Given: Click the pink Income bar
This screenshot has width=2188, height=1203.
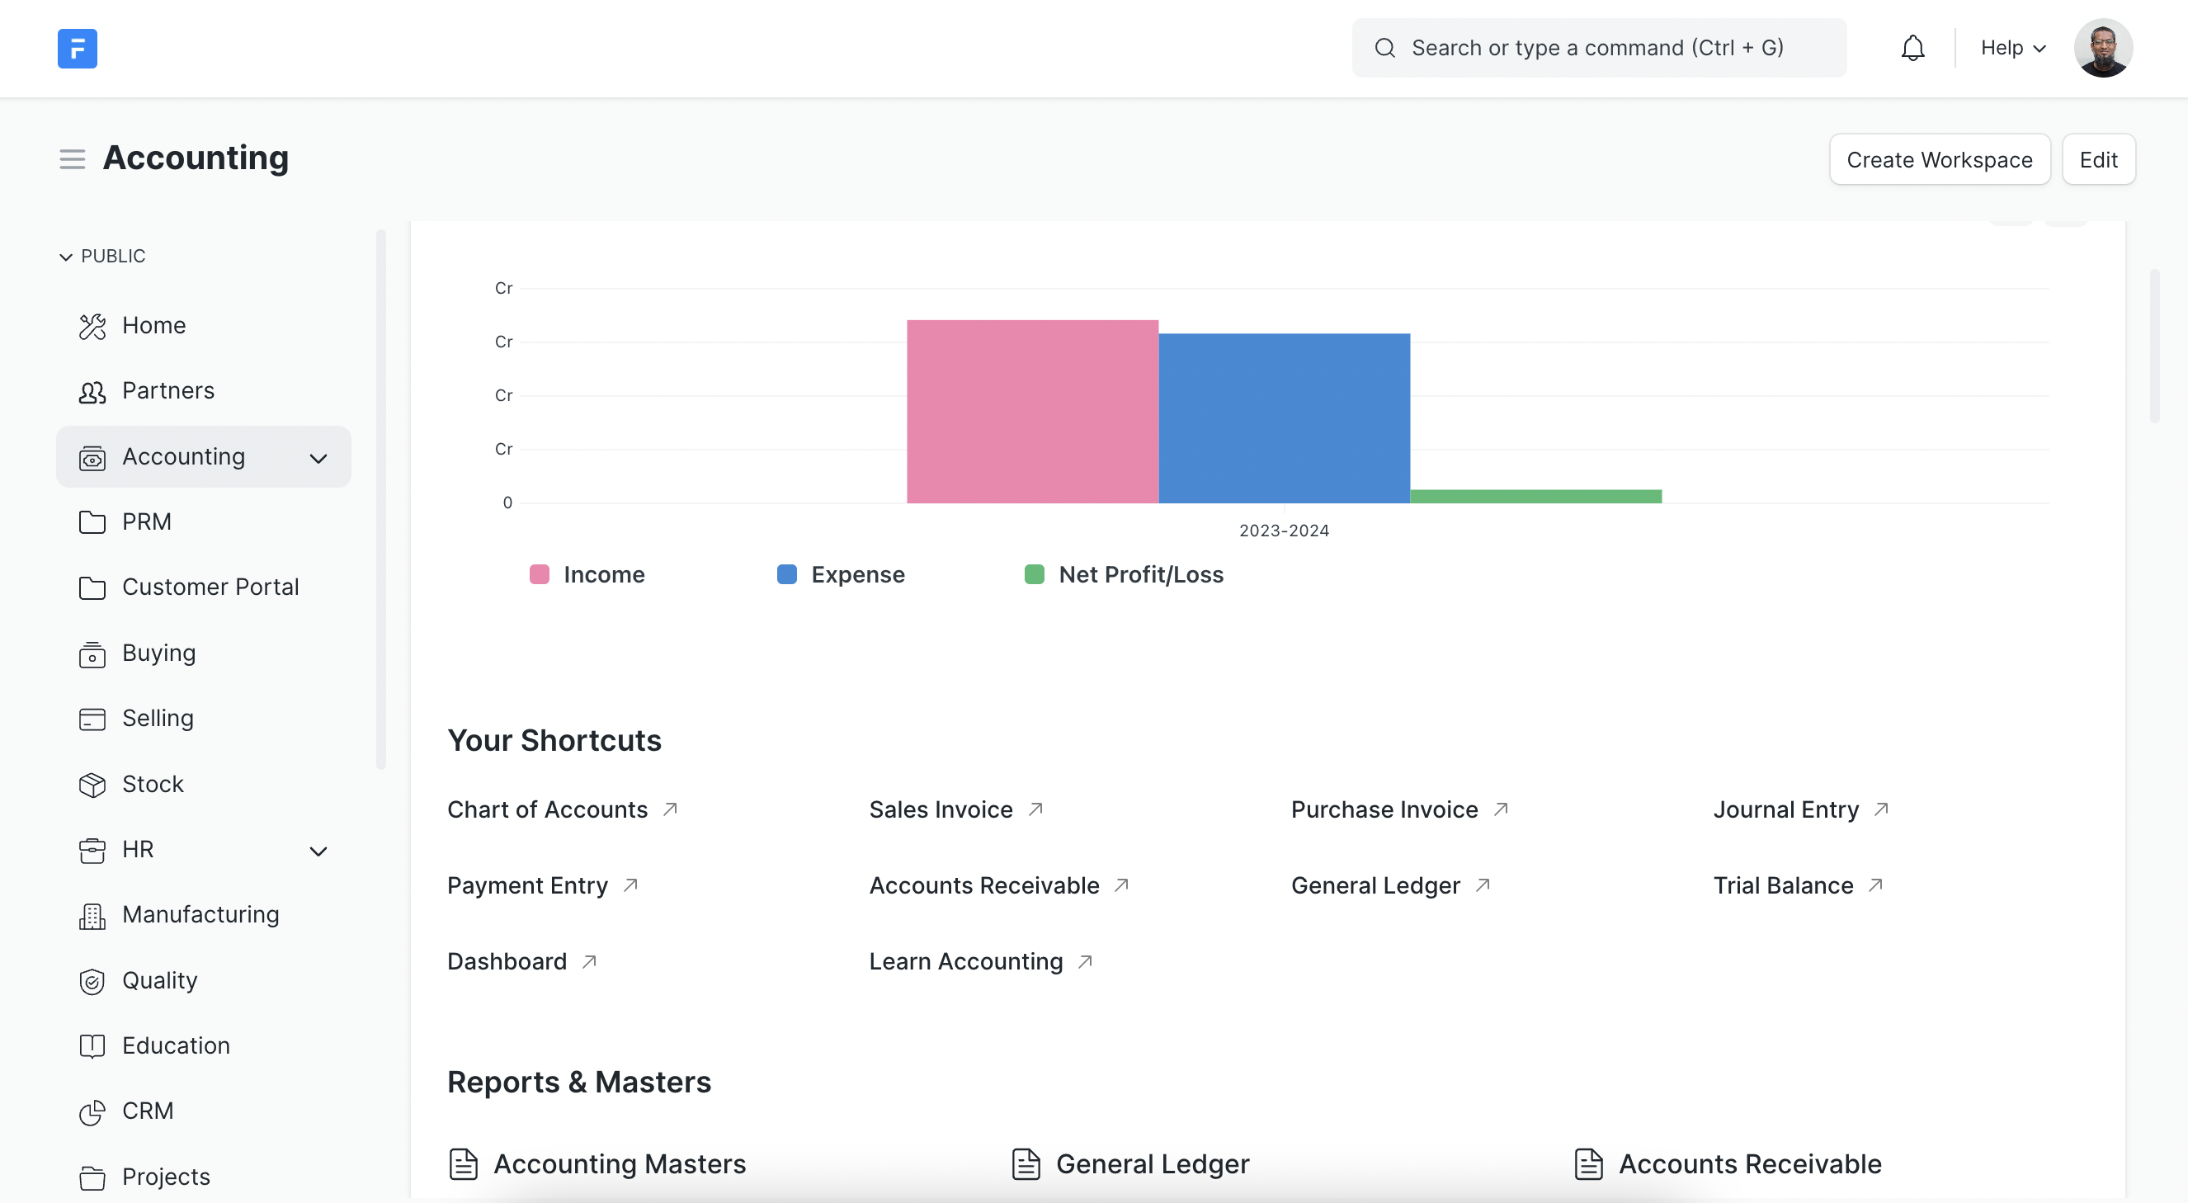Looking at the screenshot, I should (x=1032, y=411).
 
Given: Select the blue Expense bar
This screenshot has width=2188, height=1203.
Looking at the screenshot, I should (x=1284, y=418).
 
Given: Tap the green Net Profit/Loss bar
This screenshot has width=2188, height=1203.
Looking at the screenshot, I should (x=1535, y=496).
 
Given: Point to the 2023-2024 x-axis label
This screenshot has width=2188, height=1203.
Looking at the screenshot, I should (x=1284, y=531).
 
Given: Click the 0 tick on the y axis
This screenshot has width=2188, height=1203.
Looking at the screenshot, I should (x=507, y=503).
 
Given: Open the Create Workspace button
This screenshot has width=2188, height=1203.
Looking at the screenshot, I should (x=1938, y=160).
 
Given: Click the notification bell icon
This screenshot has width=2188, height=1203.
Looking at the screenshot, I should (x=1912, y=49).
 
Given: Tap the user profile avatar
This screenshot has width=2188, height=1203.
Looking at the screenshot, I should (x=2102, y=49).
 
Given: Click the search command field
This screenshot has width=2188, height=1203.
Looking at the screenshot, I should (x=1596, y=49).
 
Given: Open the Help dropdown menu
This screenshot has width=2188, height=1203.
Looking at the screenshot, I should (x=2012, y=49).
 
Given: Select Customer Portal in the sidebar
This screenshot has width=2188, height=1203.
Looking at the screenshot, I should (x=210, y=587).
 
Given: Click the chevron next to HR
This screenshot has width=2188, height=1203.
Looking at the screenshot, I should (x=318, y=852).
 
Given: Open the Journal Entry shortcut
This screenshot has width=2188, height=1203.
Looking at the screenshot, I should (x=1785, y=809).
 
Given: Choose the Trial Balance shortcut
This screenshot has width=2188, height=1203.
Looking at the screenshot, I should (x=1783, y=885).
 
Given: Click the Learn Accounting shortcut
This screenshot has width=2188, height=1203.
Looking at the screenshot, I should (x=966, y=961).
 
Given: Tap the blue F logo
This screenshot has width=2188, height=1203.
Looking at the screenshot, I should (x=78, y=49).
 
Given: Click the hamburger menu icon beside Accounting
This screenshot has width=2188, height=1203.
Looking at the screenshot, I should (x=73, y=159).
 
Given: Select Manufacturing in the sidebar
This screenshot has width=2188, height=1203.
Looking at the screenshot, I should (x=200, y=914).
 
